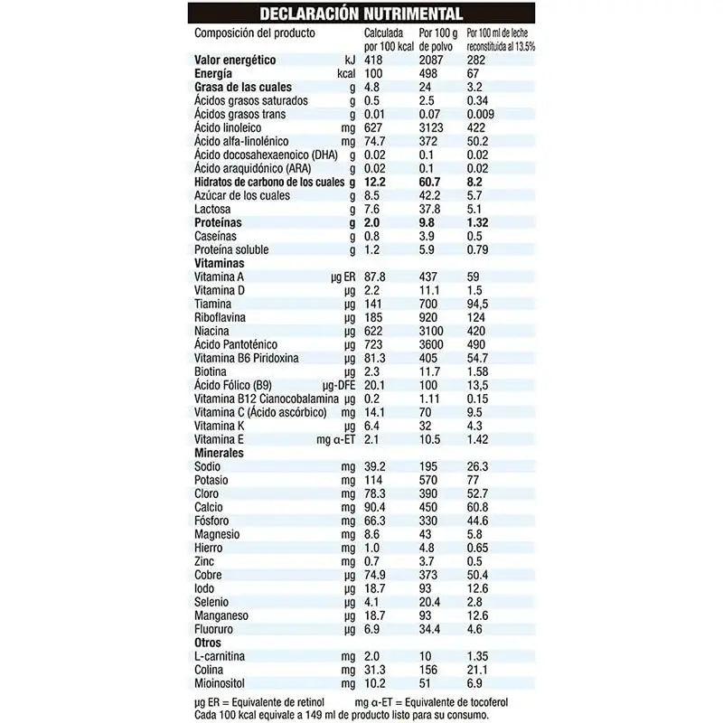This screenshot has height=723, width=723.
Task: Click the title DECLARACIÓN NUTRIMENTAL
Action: [x=361, y=14]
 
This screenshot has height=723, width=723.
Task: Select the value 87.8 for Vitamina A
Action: [x=375, y=277]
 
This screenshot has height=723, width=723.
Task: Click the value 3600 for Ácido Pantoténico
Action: [x=433, y=344]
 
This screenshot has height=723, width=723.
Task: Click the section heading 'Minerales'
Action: [x=220, y=452]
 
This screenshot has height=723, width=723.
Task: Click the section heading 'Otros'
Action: [x=209, y=642]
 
